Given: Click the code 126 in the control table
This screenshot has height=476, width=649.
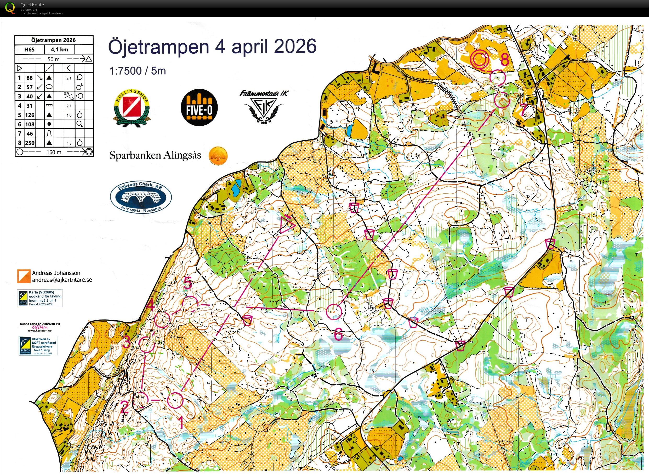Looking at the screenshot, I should point(30,115).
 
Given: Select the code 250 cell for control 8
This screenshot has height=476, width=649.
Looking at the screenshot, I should point(30,143).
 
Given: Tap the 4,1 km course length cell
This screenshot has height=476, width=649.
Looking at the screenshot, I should point(59,49).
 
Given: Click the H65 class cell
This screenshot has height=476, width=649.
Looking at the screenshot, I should point(29,49).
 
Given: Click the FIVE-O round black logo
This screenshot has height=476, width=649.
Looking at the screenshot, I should point(199,108).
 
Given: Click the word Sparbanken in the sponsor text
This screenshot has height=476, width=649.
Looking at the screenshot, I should point(135,156).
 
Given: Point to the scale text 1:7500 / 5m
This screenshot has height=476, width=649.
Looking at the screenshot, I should point(137,71).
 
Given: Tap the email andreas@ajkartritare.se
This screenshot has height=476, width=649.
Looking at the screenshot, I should point(62,280).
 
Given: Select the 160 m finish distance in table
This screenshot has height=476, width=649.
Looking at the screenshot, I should point(54,152).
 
